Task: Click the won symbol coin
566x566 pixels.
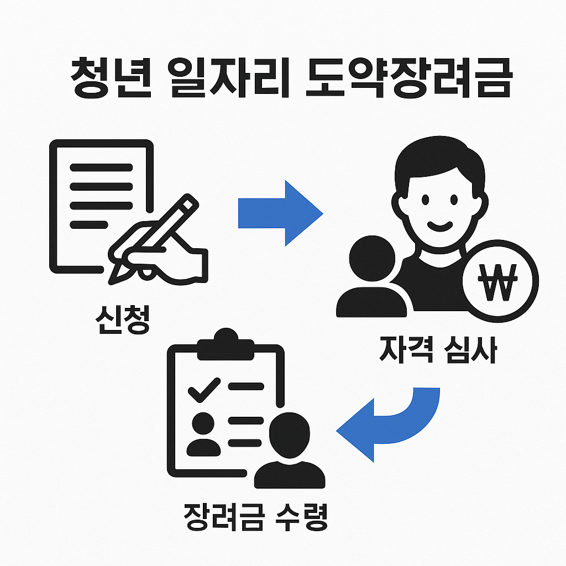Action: (x=500, y=279)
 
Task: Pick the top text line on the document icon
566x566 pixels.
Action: (x=102, y=167)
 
